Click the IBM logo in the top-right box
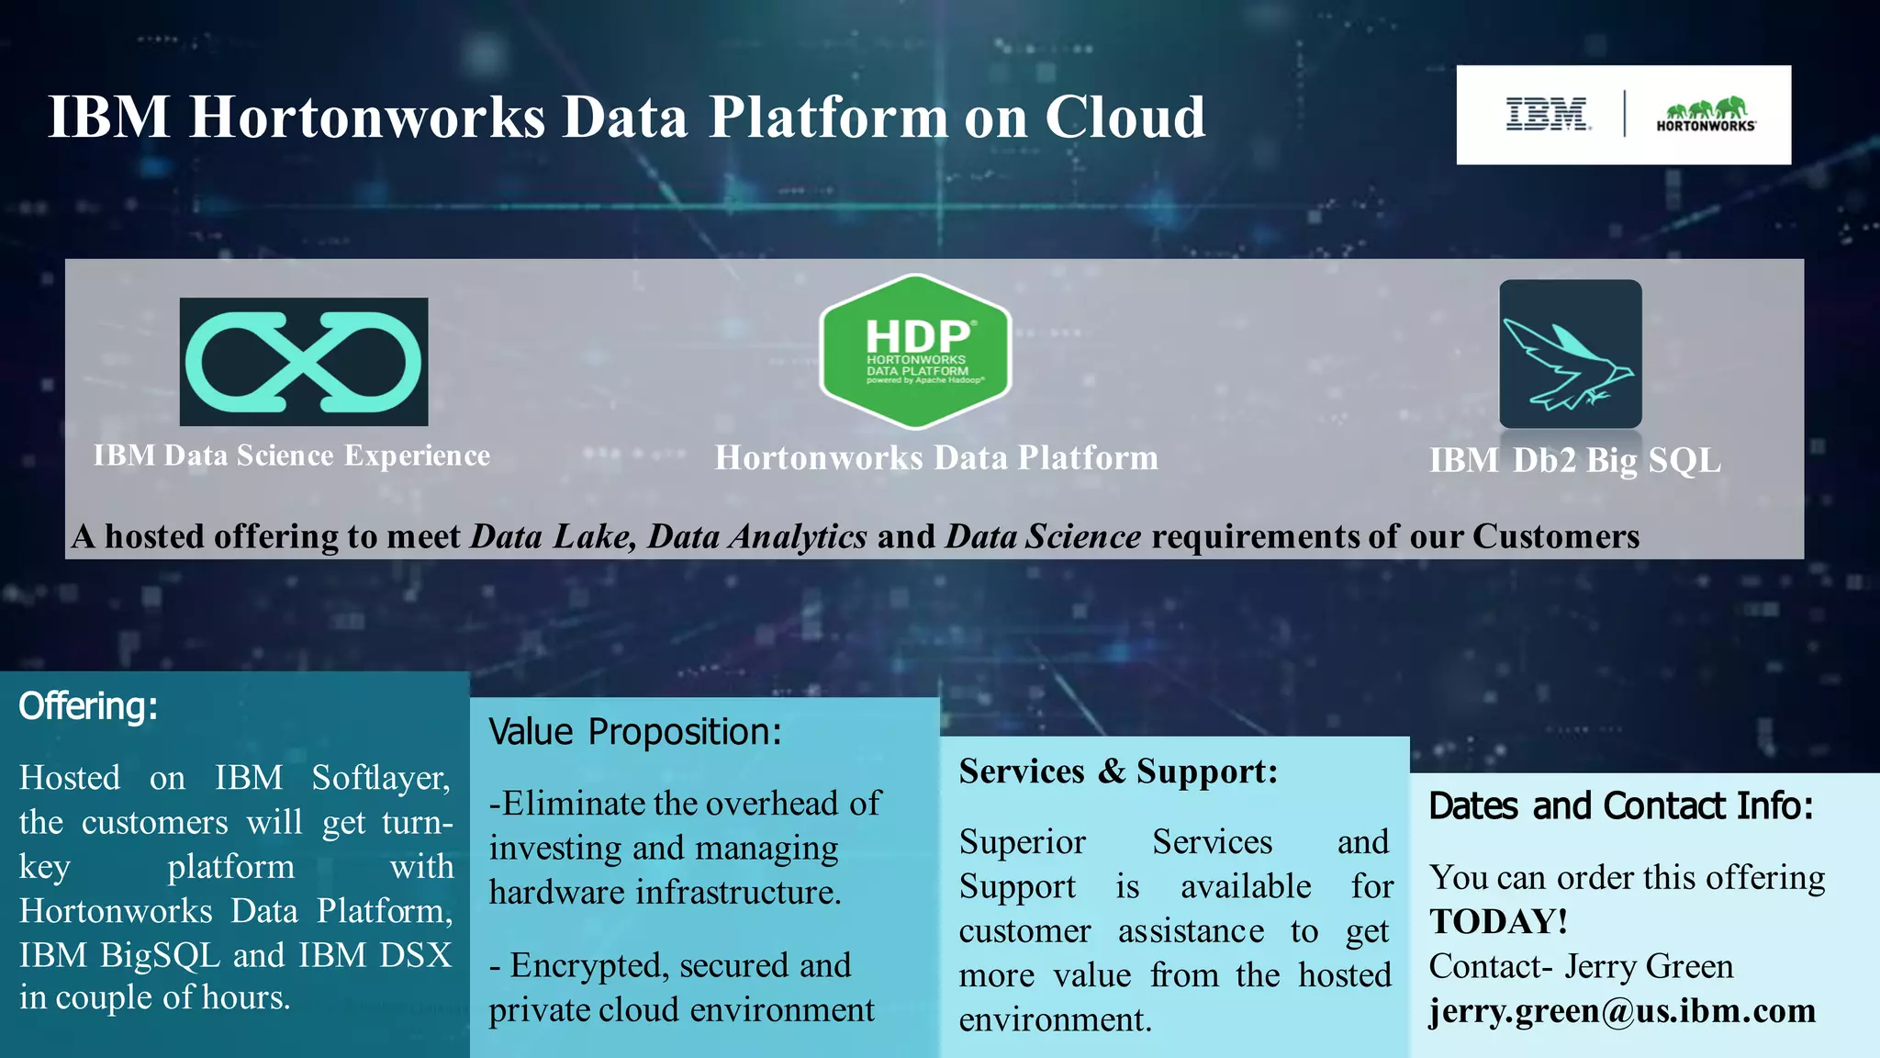(1547, 115)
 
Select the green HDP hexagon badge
(916, 352)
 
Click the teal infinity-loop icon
(303, 361)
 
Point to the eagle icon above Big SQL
(1570, 355)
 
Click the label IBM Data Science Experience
(292, 456)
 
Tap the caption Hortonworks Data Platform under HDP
(936, 457)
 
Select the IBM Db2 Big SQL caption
(1574, 460)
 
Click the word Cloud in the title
(1125, 118)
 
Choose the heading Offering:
(88, 706)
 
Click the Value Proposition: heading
(635, 732)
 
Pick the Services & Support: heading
(1118, 771)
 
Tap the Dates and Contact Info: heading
(1621, 806)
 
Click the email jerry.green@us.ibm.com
(1622, 1011)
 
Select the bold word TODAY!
(1498, 922)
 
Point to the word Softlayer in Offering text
(380, 778)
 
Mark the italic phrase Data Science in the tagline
(1044, 536)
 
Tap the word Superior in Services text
(1022, 842)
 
